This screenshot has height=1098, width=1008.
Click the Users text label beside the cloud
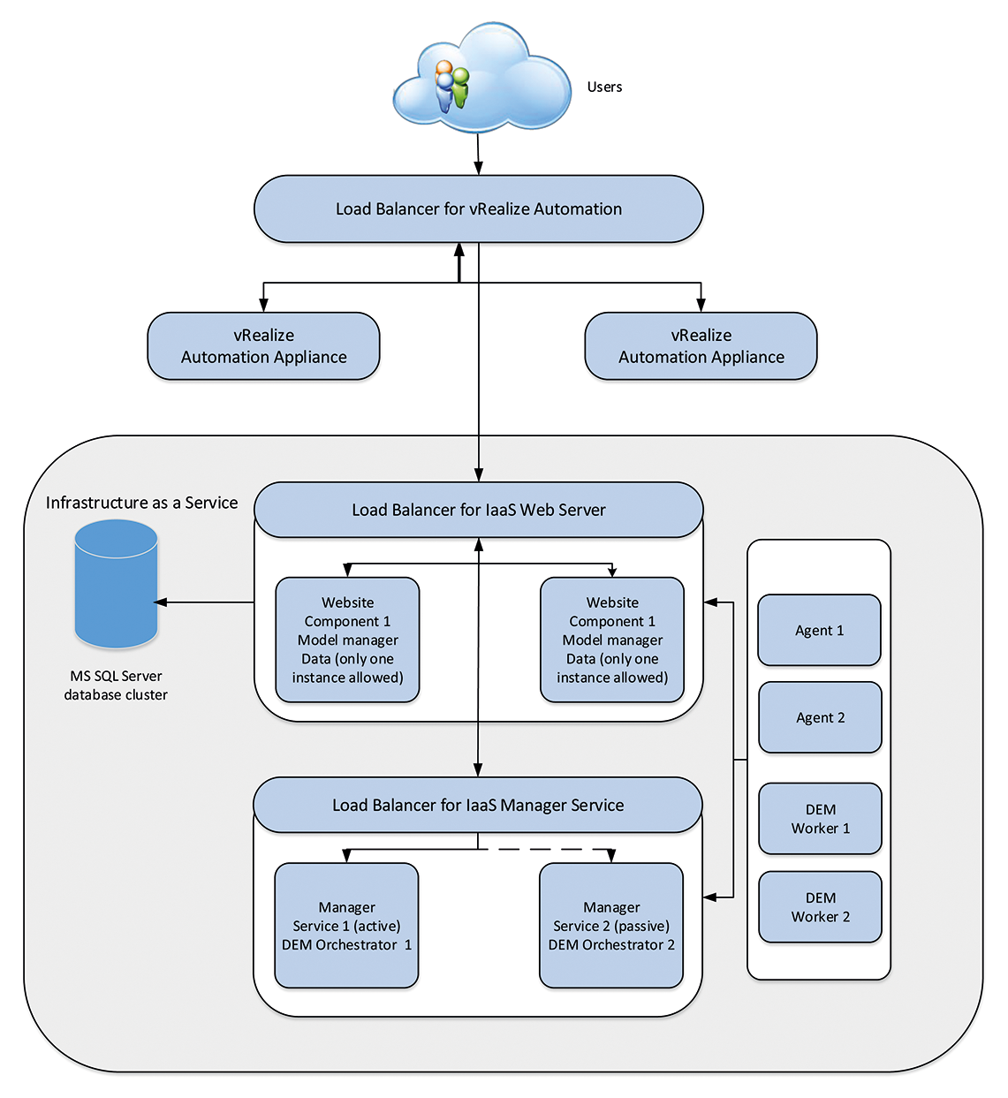pyautogui.click(x=604, y=87)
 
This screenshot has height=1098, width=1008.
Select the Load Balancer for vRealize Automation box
pyautogui.click(x=478, y=209)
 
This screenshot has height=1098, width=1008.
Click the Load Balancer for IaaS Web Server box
pyautogui.click(x=478, y=510)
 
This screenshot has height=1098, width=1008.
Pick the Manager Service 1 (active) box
pyautogui.click(x=346, y=926)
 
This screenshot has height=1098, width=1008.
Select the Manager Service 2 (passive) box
pyautogui.click(x=611, y=926)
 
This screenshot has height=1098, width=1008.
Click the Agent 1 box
pyautogui.click(x=819, y=630)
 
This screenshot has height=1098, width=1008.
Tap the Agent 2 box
pyautogui.click(x=820, y=717)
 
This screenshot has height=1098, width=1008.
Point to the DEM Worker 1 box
pyautogui.click(x=820, y=819)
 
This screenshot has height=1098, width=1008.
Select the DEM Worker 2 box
pyautogui.click(x=820, y=907)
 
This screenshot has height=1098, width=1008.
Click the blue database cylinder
pyautogui.click(x=116, y=585)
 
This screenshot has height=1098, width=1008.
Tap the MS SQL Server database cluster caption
pyautogui.click(x=116, y=685)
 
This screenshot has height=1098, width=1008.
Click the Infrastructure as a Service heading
pyautogui.click(x=141, y=503)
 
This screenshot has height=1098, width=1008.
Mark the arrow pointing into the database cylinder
pyautogui.click(x=203, y=602)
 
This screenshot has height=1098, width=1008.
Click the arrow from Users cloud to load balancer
pyautogui.click(x=478, y=155)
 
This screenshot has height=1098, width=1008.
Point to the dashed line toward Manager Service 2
pyautogui.click(x=543, y=849)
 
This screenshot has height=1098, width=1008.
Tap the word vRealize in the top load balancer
pyautogui.click(x=499, y=209)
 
